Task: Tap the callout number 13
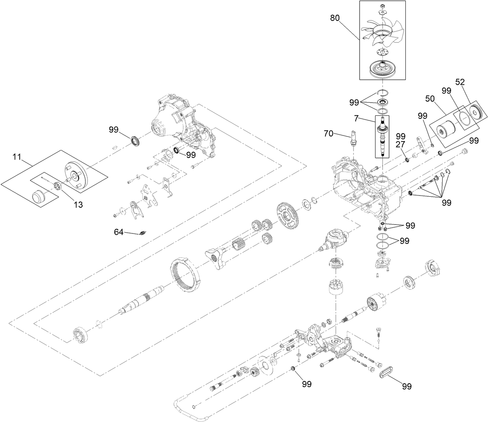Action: point(78,205)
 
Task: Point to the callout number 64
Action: point(119,232)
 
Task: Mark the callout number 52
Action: point(460,82)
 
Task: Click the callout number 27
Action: point(400,144)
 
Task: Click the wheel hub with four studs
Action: point(76,175)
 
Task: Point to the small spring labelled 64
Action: point(143,233)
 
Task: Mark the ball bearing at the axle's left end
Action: point(82,335)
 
